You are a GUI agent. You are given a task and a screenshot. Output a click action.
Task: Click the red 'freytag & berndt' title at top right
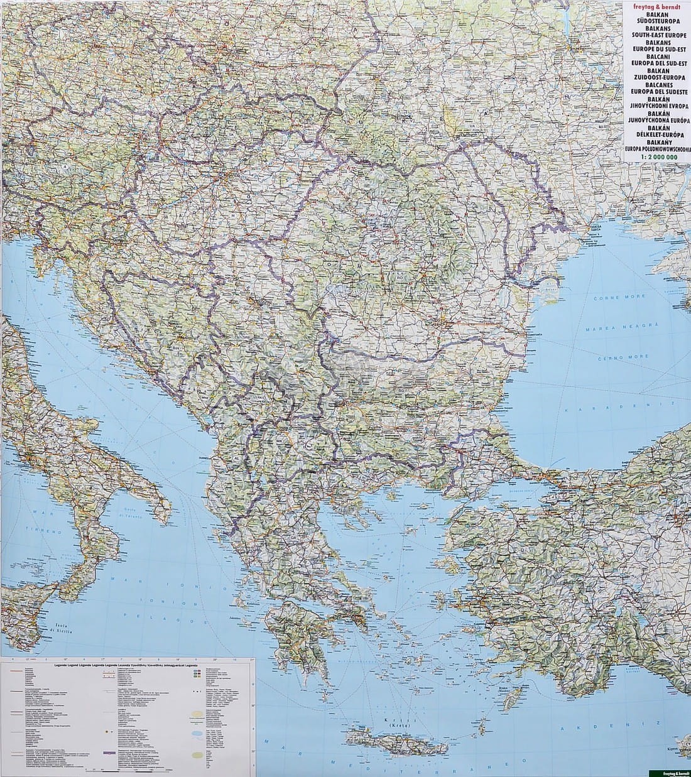655,8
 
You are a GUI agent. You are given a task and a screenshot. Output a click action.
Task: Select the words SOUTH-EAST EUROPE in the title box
655,35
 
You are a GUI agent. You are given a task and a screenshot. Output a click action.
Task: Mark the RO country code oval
399,276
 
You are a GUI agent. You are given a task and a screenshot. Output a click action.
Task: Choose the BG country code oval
401,390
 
